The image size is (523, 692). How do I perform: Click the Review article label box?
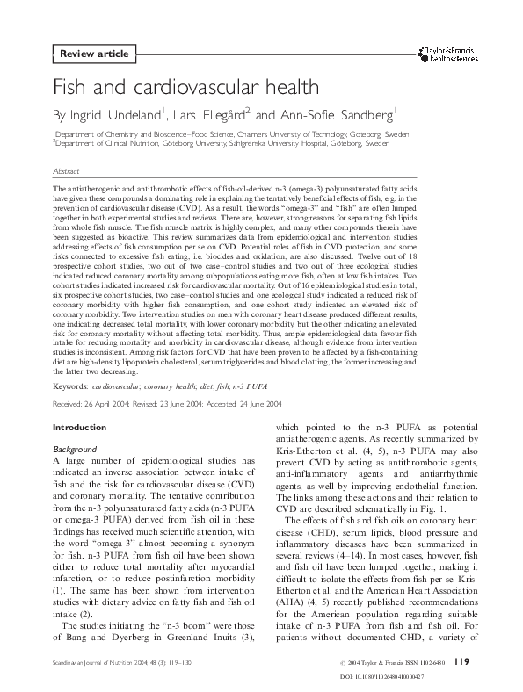(x=94, y=54)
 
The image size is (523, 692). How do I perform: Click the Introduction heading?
(x=79, y=428)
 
